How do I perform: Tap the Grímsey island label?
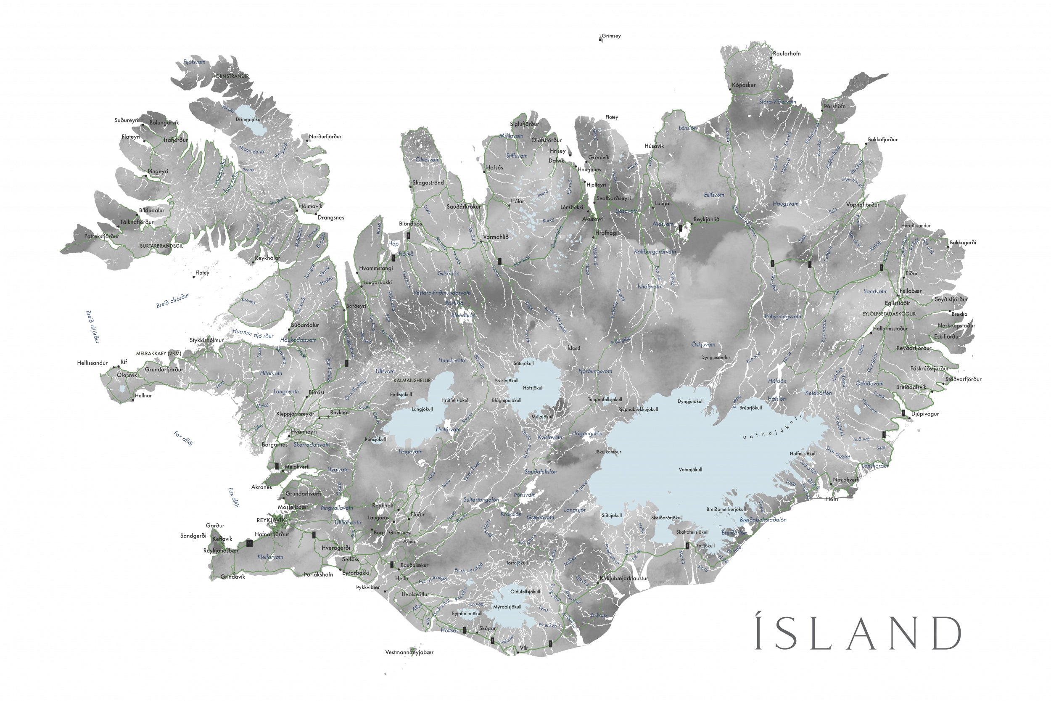pyautogui.click(x=611, y=36)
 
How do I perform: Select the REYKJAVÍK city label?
pyautogui.click(x=270, y=520)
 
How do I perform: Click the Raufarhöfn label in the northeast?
pyautogui.click(x=787, y=54)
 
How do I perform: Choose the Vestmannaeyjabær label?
pyautogui.click(x=409, y=652)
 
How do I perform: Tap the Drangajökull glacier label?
pyautogui.click(x=249, y=120)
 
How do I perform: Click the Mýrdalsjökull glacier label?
pyautogui.click(x=507, y=607)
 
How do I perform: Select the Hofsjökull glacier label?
pyautogui.click(x=533, y=388)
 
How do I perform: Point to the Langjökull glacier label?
pyautogui.click(x=422, y=409)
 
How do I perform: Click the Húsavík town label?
pyautogui.click(x=654, y=146)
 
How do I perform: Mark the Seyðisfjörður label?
pyautogui.click(x=951, y=299)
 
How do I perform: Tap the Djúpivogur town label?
pyautogui.click(x=925, y=414)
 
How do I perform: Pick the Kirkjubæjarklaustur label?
pyautogui.click(x=624, y=578)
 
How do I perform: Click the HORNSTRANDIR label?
pyautogui.click(x=230, y=77)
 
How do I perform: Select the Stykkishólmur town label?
pyautogui.click(x=206, y=340)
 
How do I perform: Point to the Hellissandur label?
pyautogui.click(x=92, y=363)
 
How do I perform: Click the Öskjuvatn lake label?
pyautogui.click(x=703, y=345)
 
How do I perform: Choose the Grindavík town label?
pyautogui.click(x=233, y=577)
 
